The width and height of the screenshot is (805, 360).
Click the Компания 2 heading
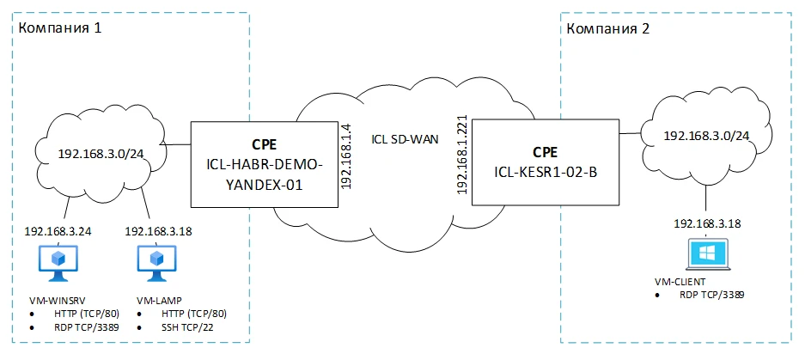608,28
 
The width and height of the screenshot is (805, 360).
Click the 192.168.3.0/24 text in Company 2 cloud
706,137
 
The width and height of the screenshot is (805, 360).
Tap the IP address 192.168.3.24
58,231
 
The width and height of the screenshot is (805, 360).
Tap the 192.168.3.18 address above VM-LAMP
156,231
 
